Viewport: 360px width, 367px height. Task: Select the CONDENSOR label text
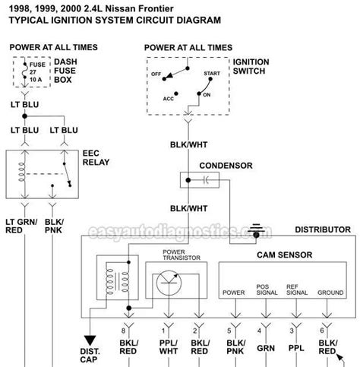pyautogui.click(x=221, y=165)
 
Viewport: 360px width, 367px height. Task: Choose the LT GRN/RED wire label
pyautogui.click(x=24, y=224)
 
